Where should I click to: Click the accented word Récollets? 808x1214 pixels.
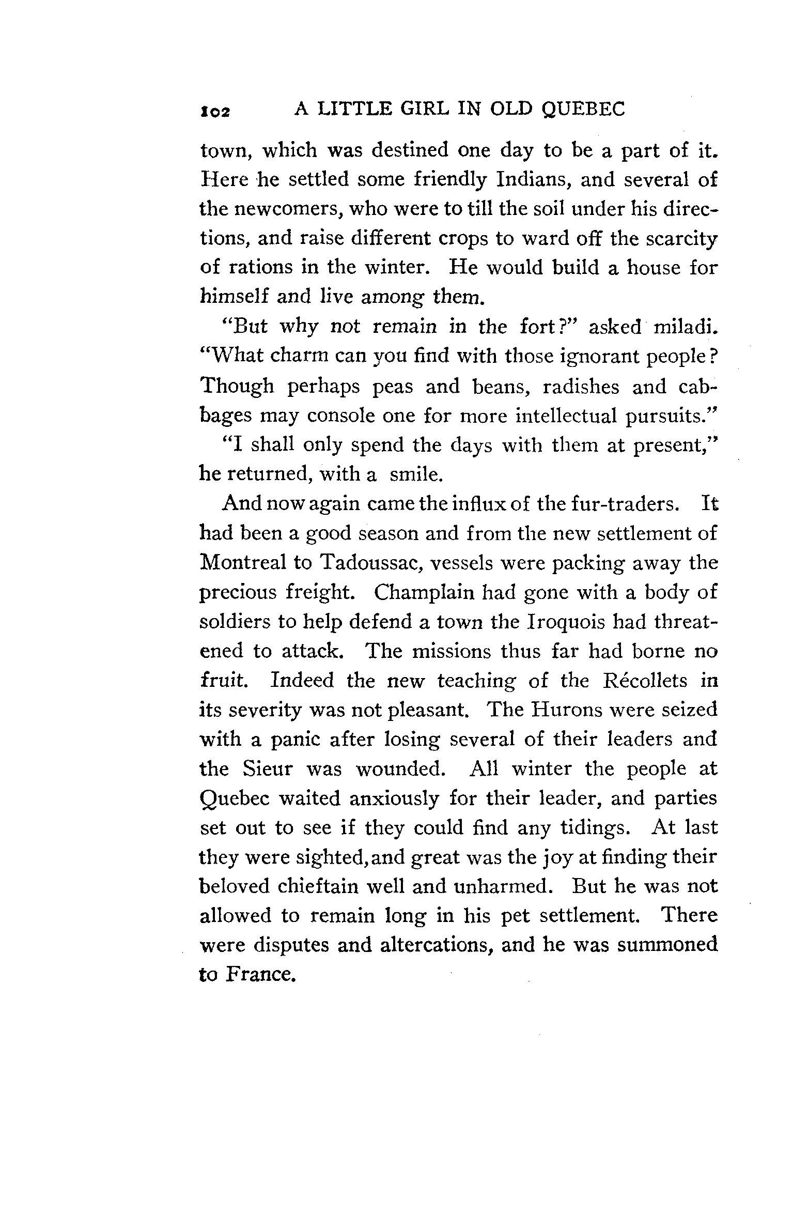tap(645, 681)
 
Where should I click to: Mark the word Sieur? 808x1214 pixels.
tap(267, 769)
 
